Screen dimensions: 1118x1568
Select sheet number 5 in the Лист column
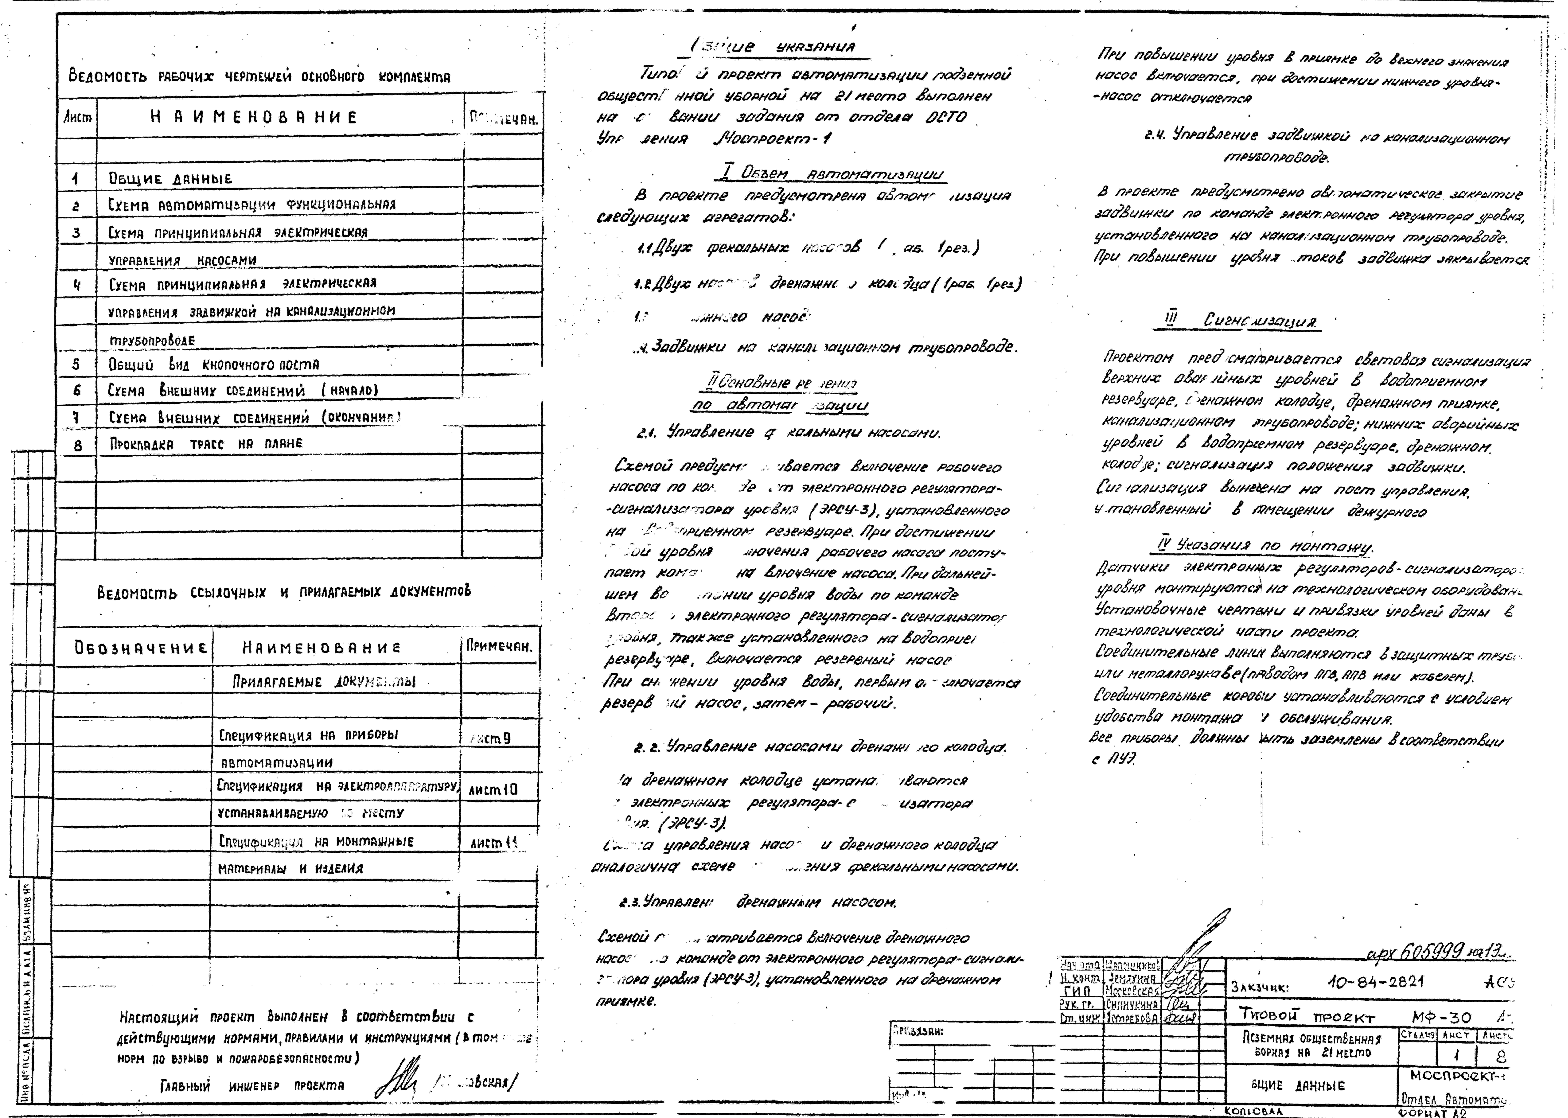[76, 364]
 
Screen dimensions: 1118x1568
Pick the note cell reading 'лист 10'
[493, 790]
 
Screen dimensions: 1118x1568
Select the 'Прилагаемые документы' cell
[324, 682]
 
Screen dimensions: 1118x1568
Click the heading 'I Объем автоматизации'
[828, 174]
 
